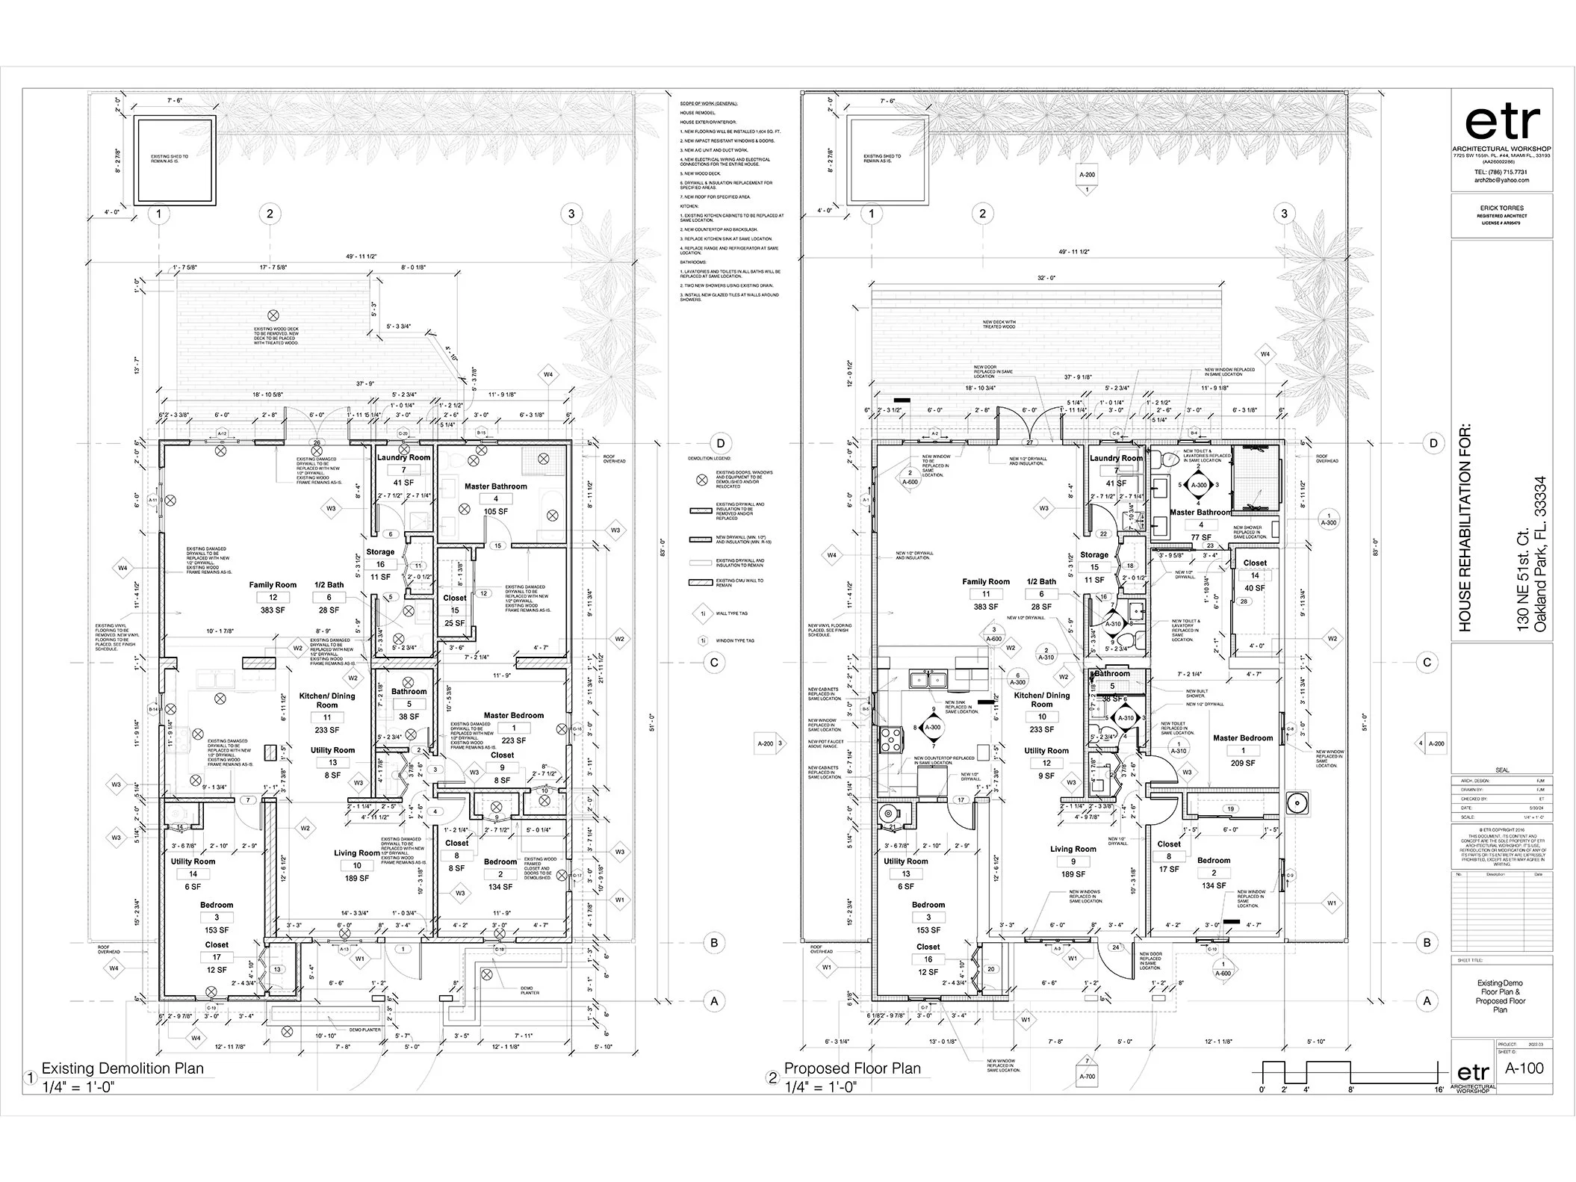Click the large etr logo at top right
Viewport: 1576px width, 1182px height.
(x=1502, y=123)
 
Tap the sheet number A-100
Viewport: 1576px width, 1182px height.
(x=1524, y=1068)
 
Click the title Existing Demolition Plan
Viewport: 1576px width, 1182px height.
(x=122, y=1068)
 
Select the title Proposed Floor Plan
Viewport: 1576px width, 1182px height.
(x=852, y=1068)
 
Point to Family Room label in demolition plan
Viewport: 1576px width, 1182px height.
(x=273, y=585)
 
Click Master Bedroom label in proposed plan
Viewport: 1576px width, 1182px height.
(x=1243, y=737)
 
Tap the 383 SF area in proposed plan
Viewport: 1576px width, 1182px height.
(x=985, y=607)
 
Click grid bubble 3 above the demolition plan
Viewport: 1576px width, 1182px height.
(x=571, y=214)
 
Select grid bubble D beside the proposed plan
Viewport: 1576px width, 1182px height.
(x=1433, y=443)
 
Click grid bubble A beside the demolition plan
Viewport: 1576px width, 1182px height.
(x=714, y=1000)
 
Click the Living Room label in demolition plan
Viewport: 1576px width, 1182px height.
(x=356, y=853)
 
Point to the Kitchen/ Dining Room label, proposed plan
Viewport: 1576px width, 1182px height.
(x=1042, y=699)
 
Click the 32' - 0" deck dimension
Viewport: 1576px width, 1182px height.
(x=1046, y=277)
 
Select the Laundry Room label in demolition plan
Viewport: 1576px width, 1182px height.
(x=403, y=457)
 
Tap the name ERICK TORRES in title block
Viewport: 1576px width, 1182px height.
(x=1501, y=208)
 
